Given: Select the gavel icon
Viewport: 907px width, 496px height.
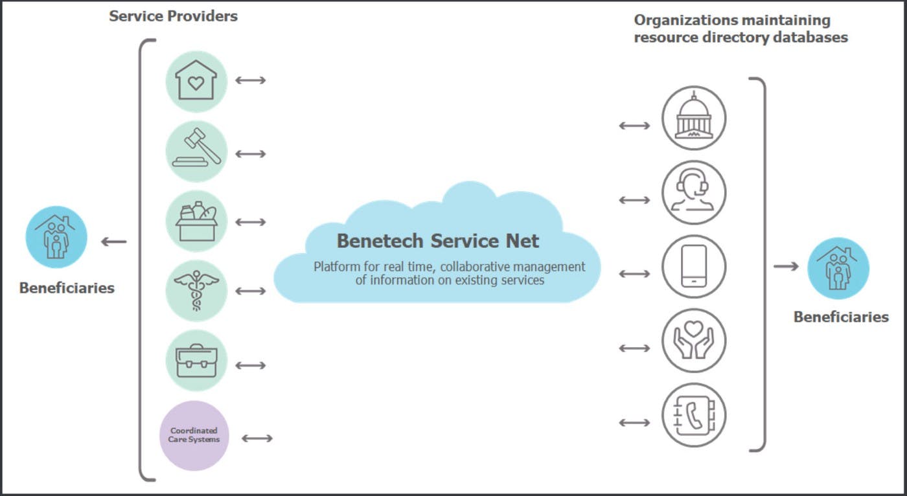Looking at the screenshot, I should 196,152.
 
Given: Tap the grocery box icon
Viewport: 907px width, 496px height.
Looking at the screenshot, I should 196,221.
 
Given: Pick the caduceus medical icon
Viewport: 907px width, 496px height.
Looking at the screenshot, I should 196,291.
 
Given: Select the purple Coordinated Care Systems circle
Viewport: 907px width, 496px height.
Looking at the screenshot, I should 194,435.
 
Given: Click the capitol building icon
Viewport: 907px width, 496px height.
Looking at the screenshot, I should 694,118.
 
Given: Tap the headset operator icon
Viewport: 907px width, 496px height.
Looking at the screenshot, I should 694,193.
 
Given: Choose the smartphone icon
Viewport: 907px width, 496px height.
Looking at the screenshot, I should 694,267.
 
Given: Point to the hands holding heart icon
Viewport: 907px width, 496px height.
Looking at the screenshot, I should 694,341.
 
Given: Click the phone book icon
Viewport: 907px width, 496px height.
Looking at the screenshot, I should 694,415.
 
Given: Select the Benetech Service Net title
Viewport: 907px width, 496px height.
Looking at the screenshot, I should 437,241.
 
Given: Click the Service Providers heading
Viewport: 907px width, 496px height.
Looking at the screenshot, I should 173,16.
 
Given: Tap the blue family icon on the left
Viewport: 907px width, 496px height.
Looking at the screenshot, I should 56,237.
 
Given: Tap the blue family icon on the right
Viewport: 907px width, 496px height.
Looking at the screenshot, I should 838,268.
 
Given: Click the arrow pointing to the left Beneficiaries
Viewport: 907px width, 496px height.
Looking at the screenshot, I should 114,242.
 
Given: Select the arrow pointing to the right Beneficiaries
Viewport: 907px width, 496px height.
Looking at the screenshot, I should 786,266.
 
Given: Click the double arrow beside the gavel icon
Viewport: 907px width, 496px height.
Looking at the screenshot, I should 251,154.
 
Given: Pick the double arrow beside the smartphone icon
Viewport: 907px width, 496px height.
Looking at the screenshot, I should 634,274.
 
